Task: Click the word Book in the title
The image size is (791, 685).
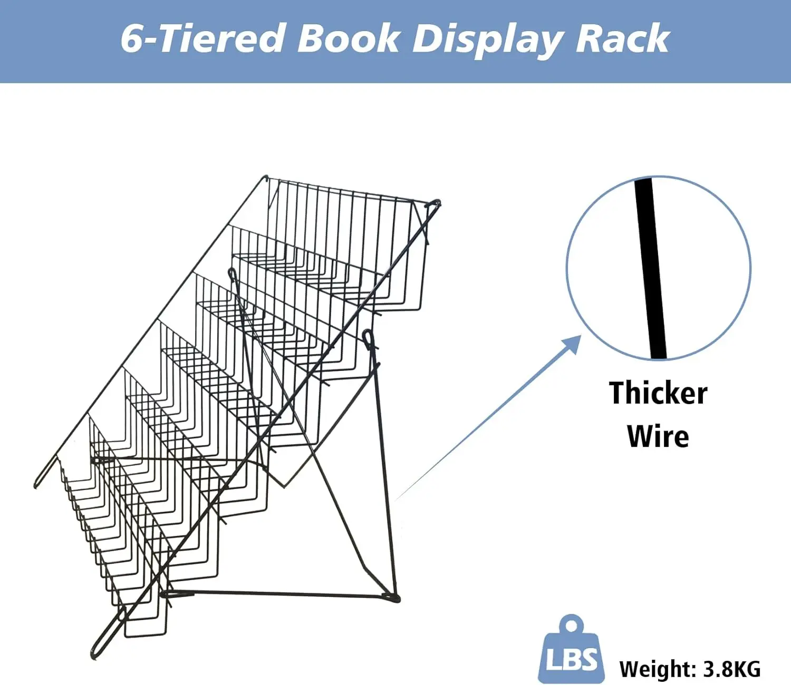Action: point(348,39)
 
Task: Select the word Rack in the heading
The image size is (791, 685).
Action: point(623,38)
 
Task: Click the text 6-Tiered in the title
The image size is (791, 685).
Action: point(202,39)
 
